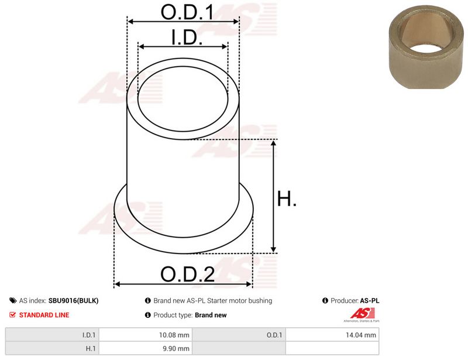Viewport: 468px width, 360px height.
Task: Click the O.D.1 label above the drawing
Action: (x=187, y=12)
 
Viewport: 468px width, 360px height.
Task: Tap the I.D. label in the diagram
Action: (x=187, y=37)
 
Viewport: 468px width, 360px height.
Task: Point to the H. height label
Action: (x=287, y=198)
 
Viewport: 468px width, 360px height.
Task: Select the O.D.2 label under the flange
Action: (x=187, y=274)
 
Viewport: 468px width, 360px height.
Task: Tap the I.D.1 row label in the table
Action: (x=89, y=335)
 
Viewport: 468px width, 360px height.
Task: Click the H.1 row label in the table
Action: (x=91, y=348)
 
